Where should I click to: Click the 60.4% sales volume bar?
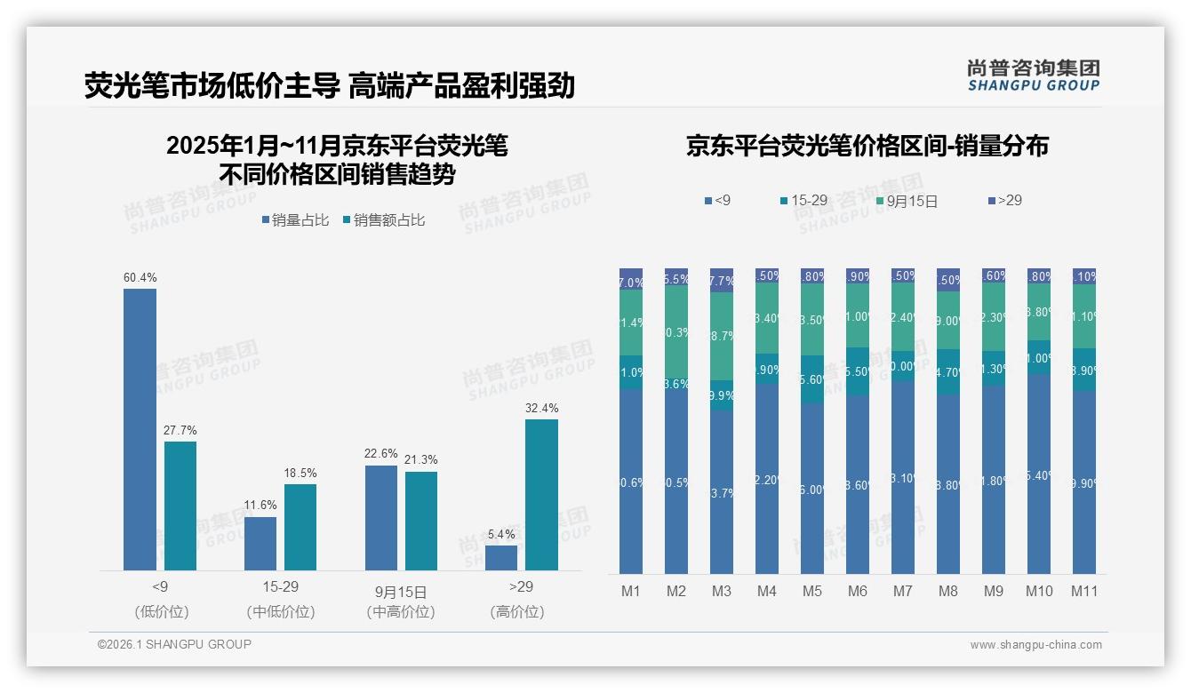tap(140, 429)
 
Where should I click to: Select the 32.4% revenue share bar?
tap(541, 494)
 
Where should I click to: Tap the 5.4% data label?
tap(501, 534)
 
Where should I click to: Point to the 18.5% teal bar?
tap(300, 527)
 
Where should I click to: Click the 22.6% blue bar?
tap(380, 517)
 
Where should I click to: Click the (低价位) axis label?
tap(161, 612)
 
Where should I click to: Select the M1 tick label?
tap(631, 591)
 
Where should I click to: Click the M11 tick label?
tap(1083, 591)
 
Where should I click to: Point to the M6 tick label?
tap(857, 591)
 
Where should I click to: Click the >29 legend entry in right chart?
tap(1005, 201)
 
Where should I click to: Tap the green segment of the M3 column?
tap(722, 336)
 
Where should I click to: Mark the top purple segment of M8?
tap(947, 279)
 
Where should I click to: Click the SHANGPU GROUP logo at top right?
tap(1033, 76)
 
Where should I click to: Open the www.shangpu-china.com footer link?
tap(1035, 645)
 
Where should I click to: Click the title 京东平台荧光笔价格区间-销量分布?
tap(867, 147)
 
